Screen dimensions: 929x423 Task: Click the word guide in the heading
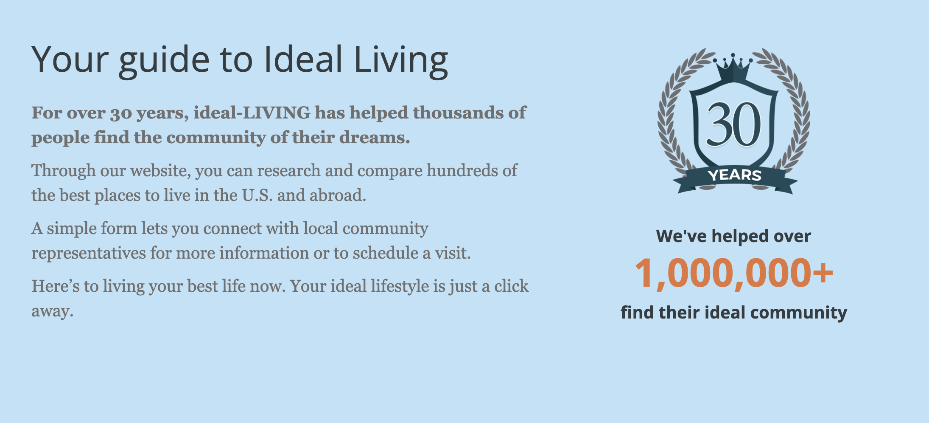[164, 60]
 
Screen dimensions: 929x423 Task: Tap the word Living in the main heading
[401, 60]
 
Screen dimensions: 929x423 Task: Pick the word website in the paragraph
[160, 170]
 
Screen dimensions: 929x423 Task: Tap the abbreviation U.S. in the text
[257, 195]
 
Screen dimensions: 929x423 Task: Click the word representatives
[89, 253]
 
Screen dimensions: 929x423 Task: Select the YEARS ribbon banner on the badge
[735, 178]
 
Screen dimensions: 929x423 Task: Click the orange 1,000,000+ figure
[734, 273]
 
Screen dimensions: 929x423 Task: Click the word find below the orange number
[637, 313]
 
